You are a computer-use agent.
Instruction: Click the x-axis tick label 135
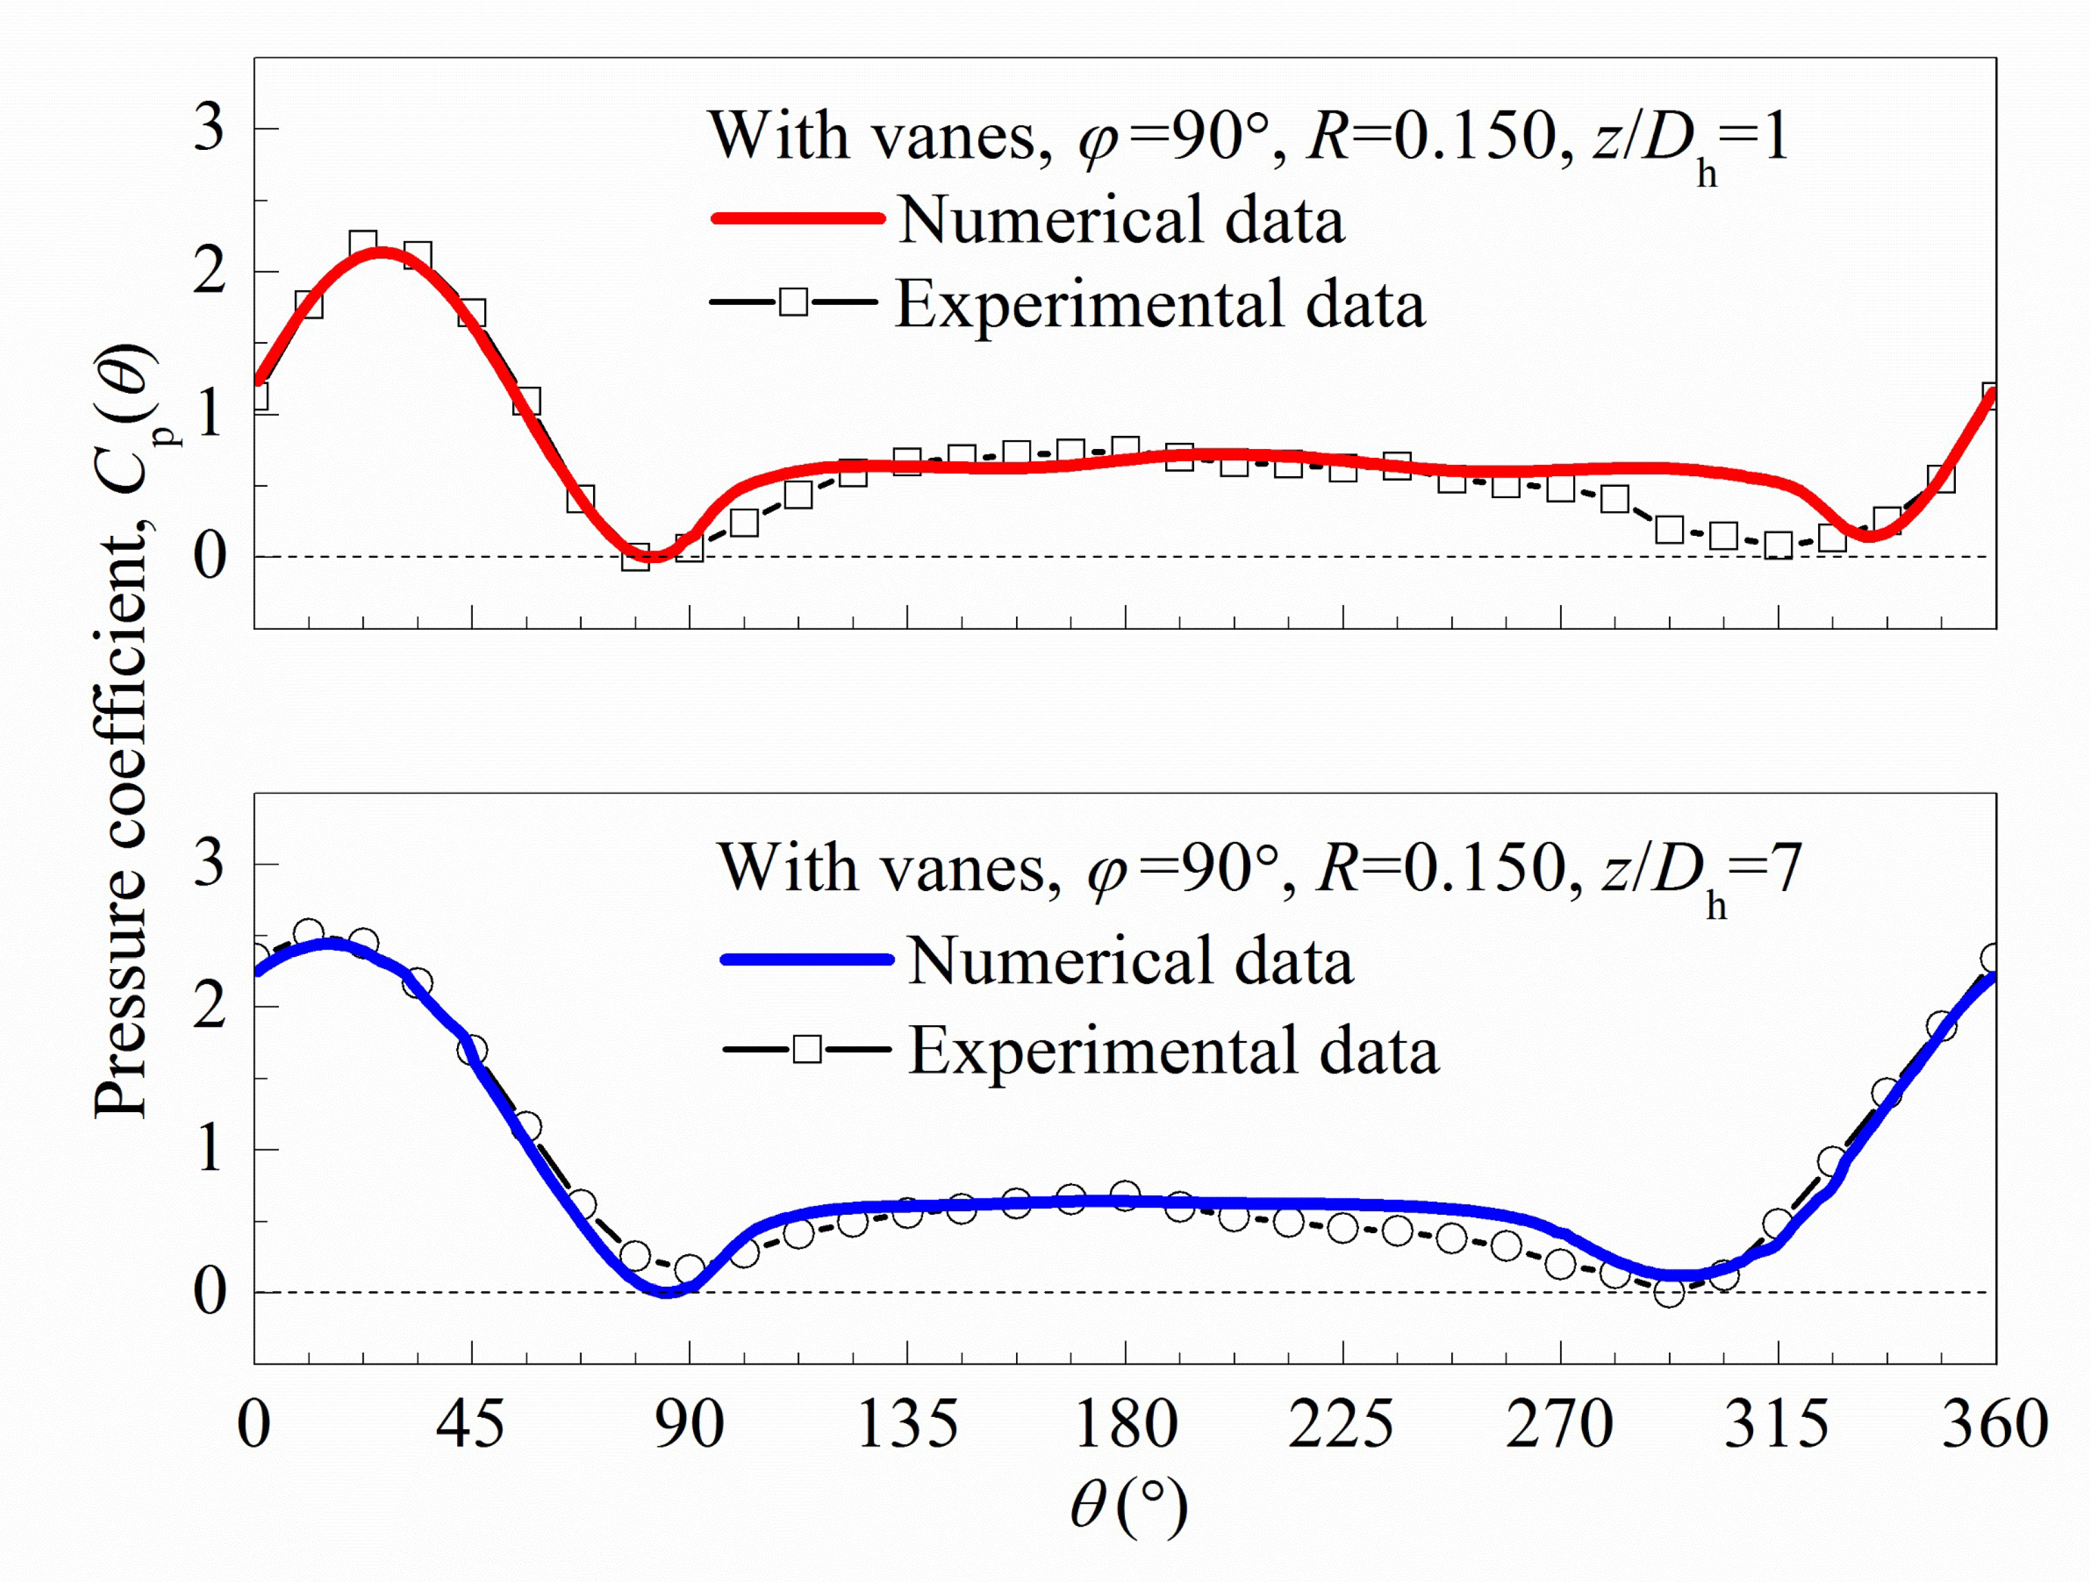point(907,1425)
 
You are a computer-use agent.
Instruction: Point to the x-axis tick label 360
point(1994,1425)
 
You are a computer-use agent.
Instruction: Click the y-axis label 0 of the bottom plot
point(210,1292)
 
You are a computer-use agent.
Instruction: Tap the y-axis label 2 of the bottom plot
point(210,1006)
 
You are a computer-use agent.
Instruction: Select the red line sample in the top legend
point(796,219)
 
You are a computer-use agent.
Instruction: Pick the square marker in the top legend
point(794,302)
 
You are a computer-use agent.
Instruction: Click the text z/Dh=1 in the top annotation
point(1692,140)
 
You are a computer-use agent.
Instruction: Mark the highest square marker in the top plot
point(363,245)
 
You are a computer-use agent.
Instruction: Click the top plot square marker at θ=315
point(1778,545)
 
